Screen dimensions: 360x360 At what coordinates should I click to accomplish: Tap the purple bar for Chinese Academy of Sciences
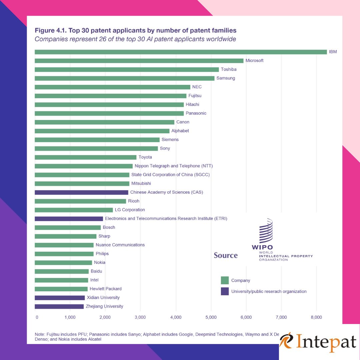[81, 192]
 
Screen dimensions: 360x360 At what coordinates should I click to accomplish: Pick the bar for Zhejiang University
[59, 306]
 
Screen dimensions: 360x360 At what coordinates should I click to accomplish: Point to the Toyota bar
[85, 157]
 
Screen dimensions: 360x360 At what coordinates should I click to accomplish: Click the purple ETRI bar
[69, 219]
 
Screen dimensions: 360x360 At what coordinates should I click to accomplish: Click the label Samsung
[226, 78]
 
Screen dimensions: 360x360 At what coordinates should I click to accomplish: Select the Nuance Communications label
[120, 245]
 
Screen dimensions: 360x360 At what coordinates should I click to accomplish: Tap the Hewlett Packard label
[105, 289]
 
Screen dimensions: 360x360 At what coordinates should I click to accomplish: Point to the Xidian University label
[103, 298]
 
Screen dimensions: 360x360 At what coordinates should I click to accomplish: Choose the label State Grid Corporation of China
[170, 175]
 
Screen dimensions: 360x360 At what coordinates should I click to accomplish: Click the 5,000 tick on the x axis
[211, 317]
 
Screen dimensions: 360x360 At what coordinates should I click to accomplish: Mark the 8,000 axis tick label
[316, 317]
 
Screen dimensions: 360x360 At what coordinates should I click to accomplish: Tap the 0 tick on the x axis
[37, 317]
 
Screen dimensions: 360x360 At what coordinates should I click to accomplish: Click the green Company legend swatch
[225, 280]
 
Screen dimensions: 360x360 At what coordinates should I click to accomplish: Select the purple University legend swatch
[225, 291]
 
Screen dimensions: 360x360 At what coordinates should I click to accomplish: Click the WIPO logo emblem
[266, 231]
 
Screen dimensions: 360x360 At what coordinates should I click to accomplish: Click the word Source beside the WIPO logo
[226, 255]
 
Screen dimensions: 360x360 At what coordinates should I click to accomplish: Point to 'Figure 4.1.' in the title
[51, 30]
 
